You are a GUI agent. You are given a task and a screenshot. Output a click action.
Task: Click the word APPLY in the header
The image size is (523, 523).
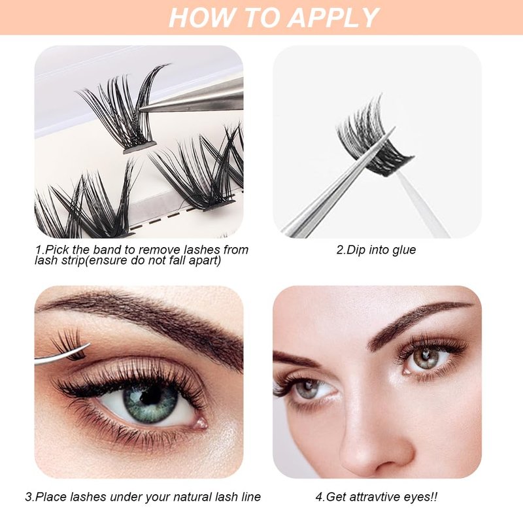click(333, 18)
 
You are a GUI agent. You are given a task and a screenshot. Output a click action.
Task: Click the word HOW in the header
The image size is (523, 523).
click(195, 18)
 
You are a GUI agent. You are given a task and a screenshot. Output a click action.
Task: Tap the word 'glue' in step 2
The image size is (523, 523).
click(404, 250)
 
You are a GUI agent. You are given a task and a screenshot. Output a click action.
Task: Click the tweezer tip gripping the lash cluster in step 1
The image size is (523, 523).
click(141, 108)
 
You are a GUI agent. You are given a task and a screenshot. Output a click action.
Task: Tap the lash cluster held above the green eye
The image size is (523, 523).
click(69, 345)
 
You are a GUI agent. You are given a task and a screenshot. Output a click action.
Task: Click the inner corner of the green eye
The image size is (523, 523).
click(201, 423)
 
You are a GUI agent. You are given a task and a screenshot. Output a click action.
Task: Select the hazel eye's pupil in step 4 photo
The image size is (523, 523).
click(426, 356)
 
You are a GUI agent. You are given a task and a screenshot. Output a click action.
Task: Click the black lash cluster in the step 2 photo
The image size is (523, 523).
click(373, 141)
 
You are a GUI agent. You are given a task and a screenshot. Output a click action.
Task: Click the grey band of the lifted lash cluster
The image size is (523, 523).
click(140, 147)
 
